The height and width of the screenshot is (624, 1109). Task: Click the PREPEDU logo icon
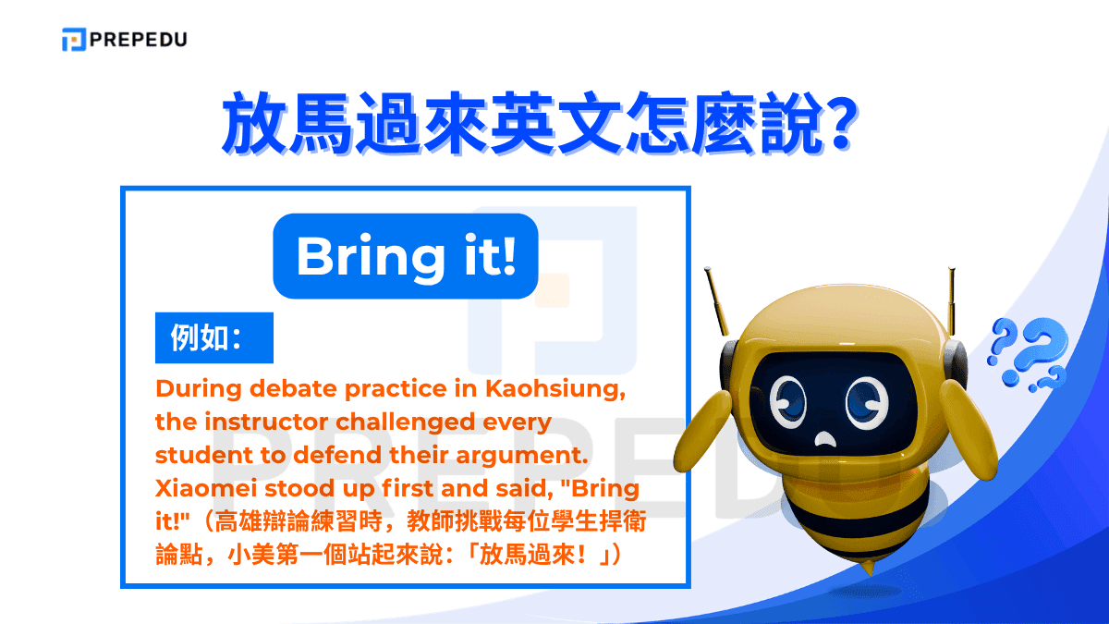click(x=74, y=39)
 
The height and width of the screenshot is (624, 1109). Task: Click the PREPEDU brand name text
click(x=139, y=39)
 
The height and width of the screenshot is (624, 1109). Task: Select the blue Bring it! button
click(x=405, y=257)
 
